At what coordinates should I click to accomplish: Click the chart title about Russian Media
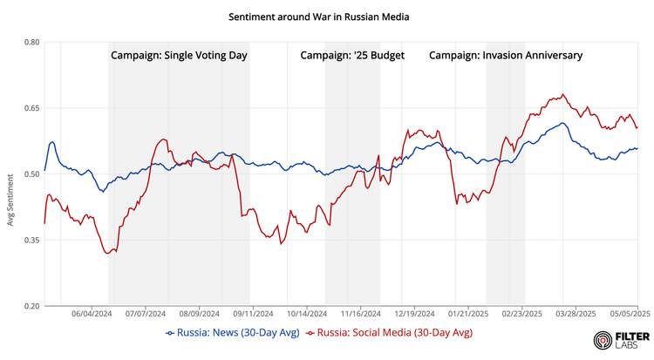319,17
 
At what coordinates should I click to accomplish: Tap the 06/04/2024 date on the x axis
92,313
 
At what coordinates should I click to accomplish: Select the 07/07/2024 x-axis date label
146,313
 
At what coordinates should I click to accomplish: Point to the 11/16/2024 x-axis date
360,313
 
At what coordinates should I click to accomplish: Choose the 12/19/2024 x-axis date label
414,313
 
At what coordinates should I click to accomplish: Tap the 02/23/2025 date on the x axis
521,313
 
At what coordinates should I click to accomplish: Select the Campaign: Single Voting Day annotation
179,55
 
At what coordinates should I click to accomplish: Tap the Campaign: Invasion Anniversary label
506,55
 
